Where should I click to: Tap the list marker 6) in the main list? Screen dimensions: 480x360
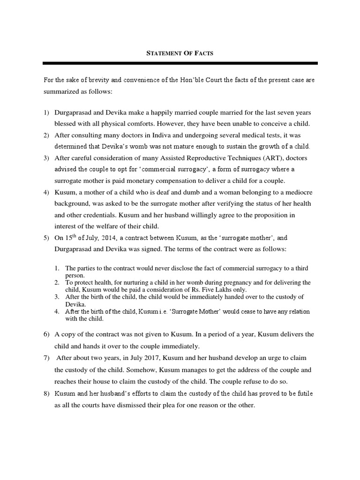[x=46, y=334]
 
